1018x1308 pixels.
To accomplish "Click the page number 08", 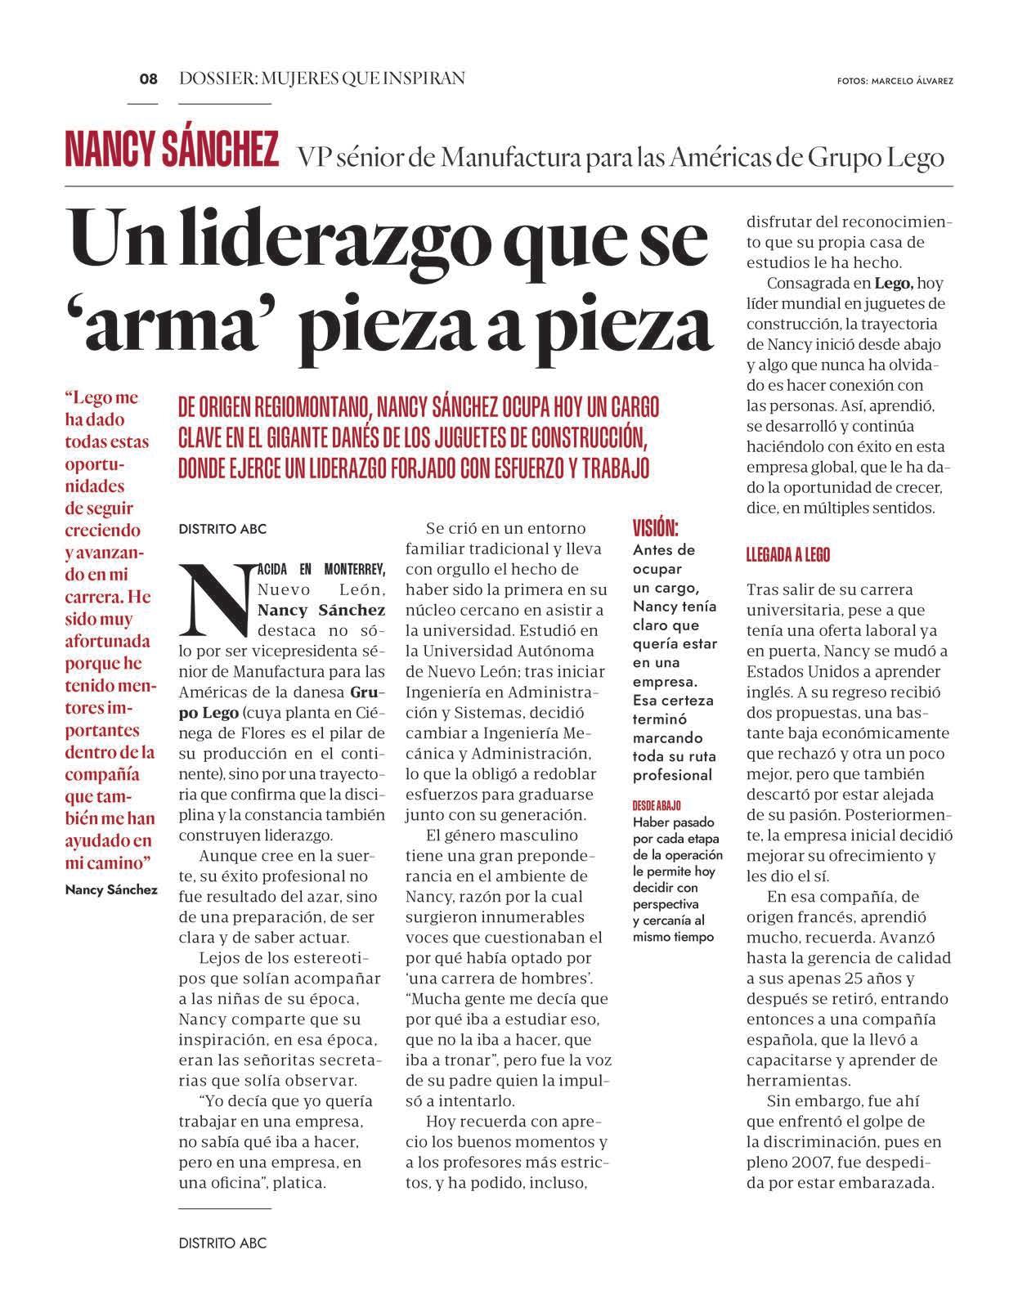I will pyautogui.click(x=148, y=79).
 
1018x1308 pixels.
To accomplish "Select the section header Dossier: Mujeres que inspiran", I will pyautogui.click(x=322, y=78).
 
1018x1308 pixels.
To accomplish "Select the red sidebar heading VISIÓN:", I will pyautogui.click(x=656, y=527).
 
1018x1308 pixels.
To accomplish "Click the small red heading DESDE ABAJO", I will pyautogui.click(x=657, y=805).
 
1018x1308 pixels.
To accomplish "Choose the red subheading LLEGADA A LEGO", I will pyautogui.click(x=788, y=555).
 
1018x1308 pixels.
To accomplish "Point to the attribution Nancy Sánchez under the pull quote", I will pyautogui.click(x=111, y=889).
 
